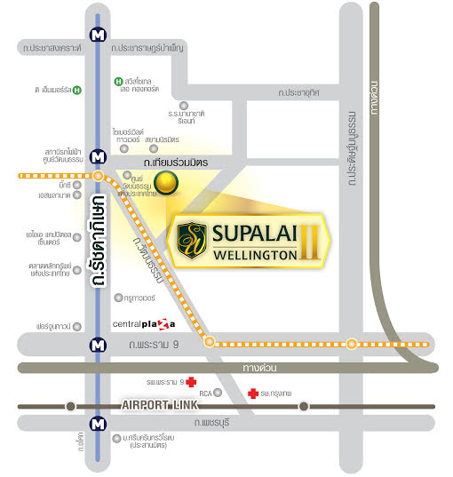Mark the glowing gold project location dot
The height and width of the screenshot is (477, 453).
164,185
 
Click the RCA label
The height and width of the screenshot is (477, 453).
204,392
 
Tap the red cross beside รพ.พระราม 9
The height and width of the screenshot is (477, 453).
190,381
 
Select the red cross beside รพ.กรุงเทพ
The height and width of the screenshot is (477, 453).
253,392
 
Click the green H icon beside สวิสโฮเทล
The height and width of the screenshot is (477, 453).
117,83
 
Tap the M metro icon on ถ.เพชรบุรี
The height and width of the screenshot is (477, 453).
97,423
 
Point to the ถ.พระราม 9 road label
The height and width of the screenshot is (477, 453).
155,343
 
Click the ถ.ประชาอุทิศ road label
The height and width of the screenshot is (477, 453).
304,92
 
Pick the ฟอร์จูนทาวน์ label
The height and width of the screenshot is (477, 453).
54,326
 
